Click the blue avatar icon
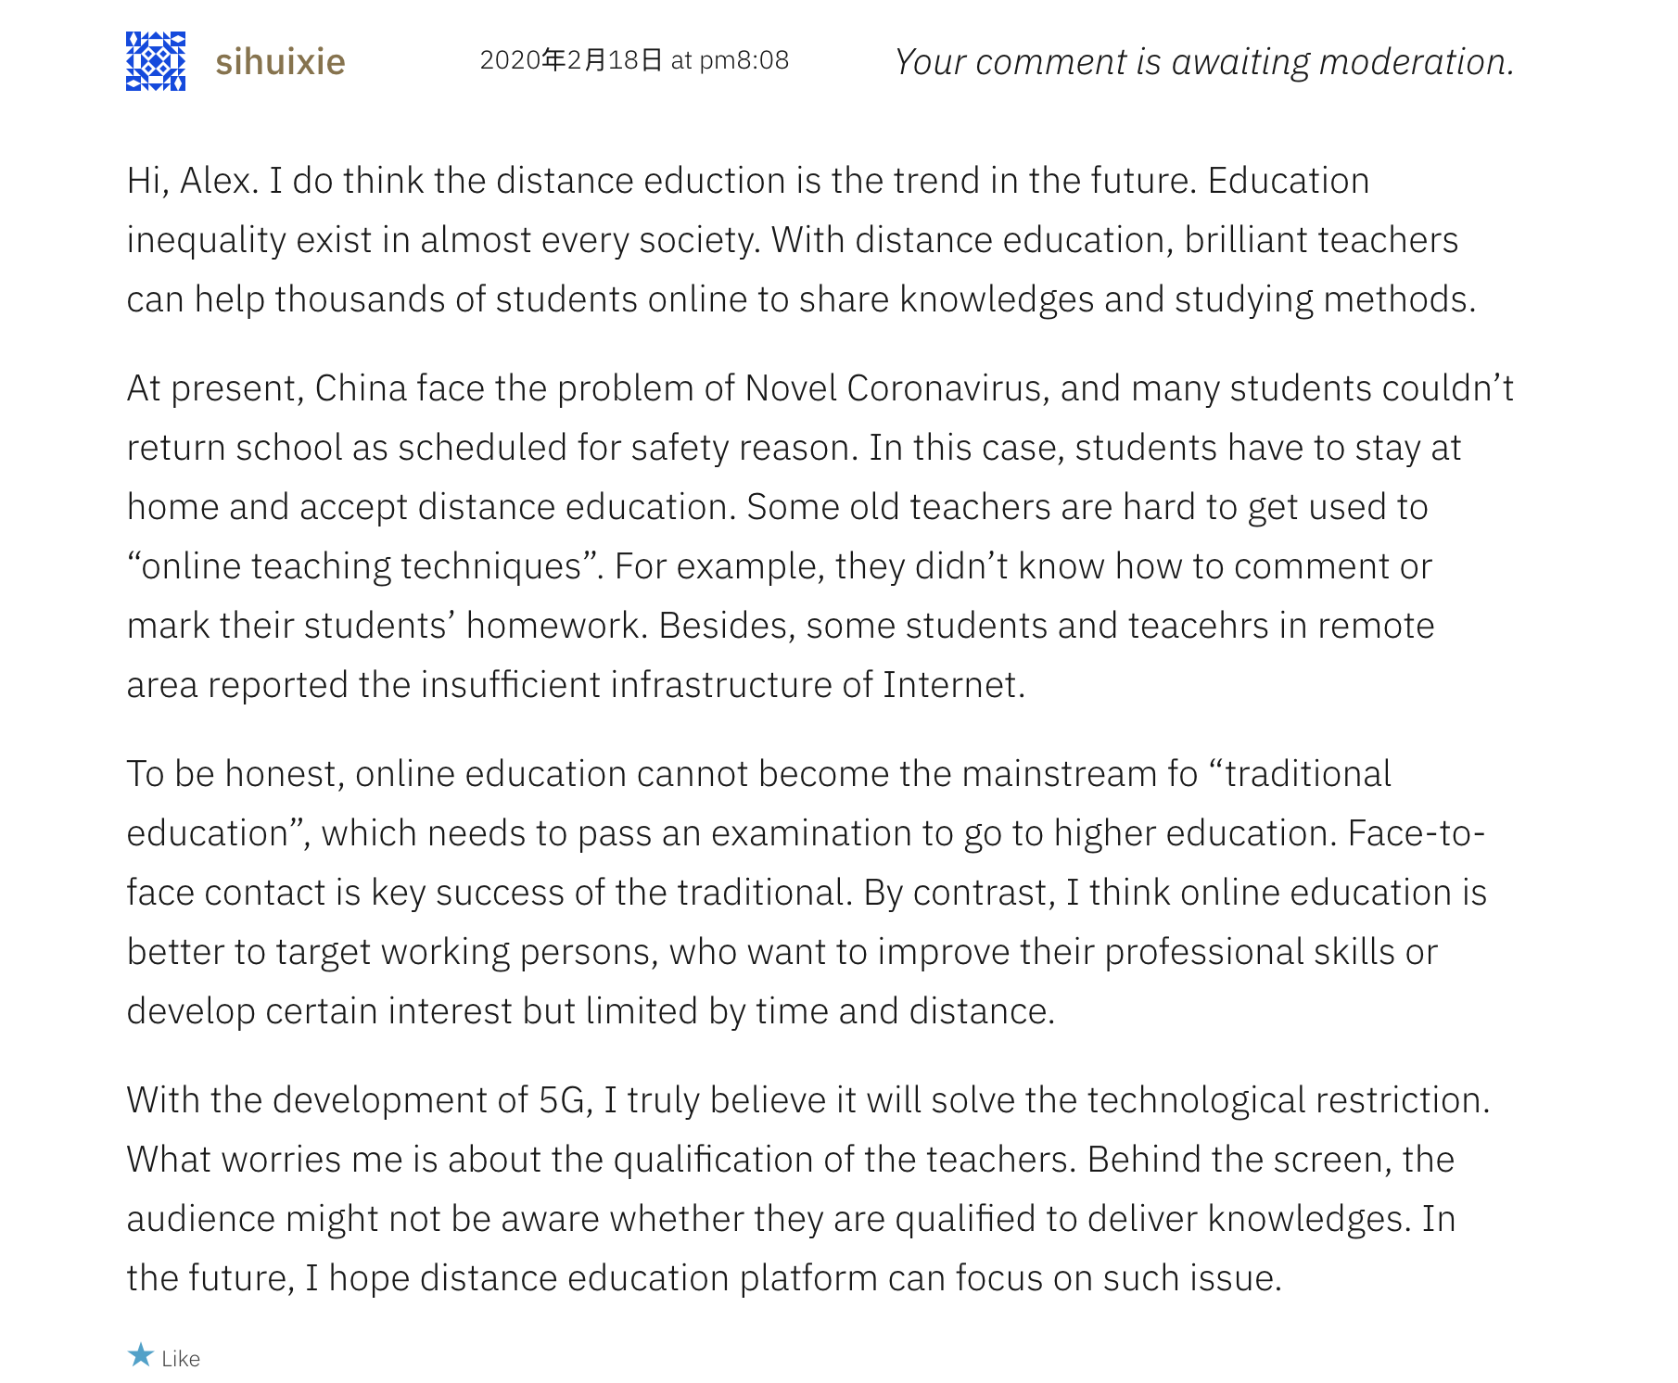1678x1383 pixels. [x=156, y=61]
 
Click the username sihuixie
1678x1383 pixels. [x=280, y=62]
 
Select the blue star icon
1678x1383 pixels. [x=141, y=1356]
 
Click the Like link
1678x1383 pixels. [x=181, y=1359]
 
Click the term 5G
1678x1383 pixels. [x=562, y=1100]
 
